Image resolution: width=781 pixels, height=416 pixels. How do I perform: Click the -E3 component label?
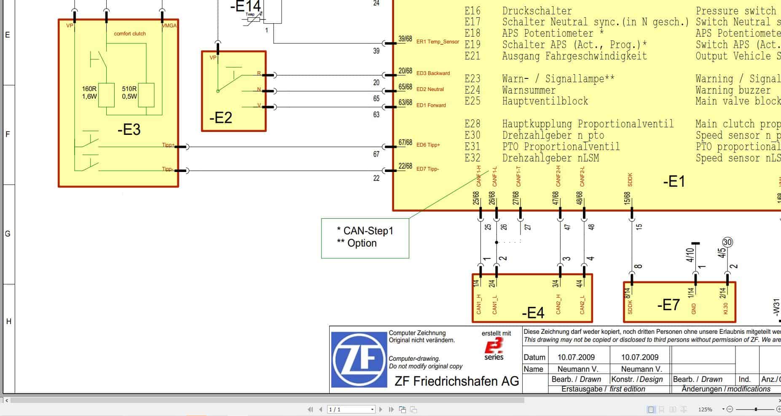pos(129,130)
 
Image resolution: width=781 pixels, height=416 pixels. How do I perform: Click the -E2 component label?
pos(221,118)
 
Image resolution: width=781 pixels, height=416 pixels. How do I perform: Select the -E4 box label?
pos(533,313)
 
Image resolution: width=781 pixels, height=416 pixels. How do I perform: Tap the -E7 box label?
pos(668,305)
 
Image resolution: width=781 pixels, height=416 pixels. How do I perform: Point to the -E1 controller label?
pos(674,182)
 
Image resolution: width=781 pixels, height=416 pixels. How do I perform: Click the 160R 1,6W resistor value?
pos(89,92)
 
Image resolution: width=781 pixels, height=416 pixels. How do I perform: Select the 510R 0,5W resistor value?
pos(129,92)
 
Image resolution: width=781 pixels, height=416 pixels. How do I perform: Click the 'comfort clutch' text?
pos(130,34)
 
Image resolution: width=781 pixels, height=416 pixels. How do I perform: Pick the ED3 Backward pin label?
pos(433,73)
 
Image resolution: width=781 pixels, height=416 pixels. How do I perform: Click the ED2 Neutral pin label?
pos(430,89)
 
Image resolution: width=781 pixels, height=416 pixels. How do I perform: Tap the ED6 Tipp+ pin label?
pos(428,145)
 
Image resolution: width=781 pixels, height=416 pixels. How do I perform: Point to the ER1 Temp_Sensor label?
pos(437,42)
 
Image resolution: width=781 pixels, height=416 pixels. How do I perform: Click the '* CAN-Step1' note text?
pos(365,231)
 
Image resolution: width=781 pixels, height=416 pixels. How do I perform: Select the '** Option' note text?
pos(357,243)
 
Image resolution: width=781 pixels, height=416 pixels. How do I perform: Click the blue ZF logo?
pos(359,360)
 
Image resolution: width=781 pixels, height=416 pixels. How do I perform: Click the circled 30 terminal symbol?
pos(727,242)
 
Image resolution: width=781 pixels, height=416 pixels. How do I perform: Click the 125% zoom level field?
pos(705,409)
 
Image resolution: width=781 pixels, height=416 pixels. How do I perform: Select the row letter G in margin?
pos(8,234)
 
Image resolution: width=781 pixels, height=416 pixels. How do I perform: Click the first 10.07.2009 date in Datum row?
pos(576,357)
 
